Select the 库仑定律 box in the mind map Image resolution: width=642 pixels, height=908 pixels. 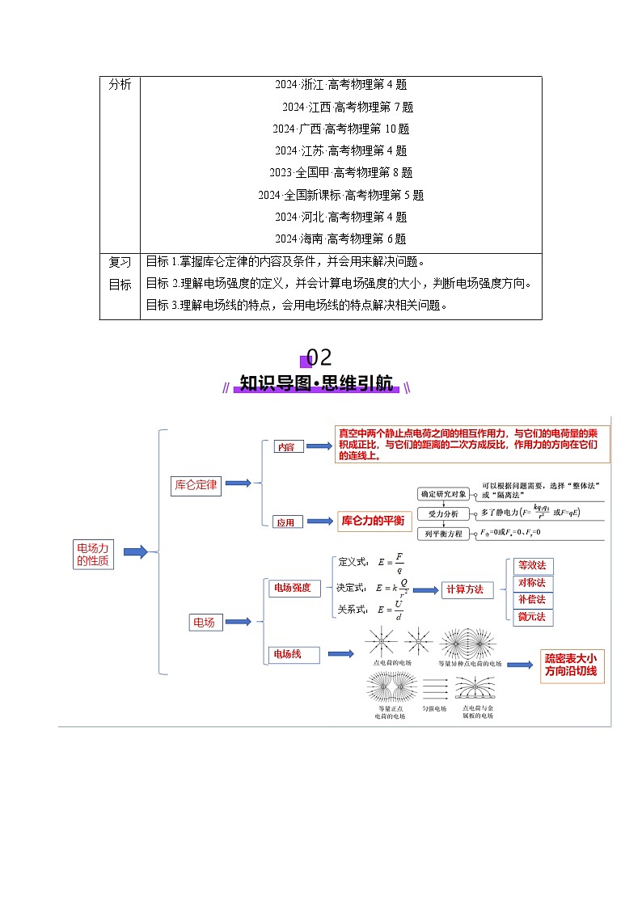pos(195,484)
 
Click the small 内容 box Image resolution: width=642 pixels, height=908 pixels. pos(285,446)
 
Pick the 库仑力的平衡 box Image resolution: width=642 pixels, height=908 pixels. pos(373,521)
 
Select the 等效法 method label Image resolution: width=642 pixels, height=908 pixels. pos(531,565)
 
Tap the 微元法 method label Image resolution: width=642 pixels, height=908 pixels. pos(531,617)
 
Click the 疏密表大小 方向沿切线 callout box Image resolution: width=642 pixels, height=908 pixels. pos(572,665)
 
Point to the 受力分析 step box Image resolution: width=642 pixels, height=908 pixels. pos(442,513)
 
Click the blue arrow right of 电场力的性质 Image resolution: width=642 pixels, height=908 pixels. pos(133,552)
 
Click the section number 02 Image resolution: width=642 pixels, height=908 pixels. pos(319,357)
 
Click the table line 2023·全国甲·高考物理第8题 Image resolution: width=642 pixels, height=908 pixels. pos(340,172)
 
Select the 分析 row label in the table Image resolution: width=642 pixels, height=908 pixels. pos(120,85)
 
